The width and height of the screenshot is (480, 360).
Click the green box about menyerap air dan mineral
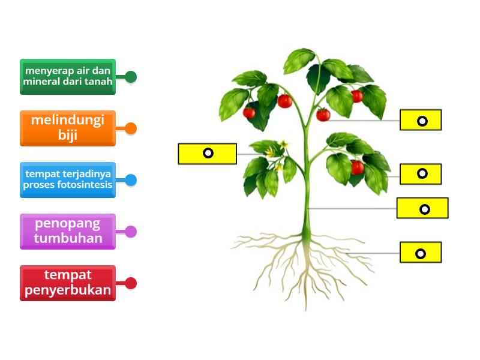click(x=68, y=76)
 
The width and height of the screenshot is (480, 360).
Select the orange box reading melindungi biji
click(x=68, y=128)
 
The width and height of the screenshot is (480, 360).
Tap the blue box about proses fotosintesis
click(x=68, y=179)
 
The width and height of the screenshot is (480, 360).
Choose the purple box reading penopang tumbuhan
click(x=68, y=231)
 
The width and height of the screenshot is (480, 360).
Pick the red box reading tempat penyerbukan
click(x=68, y=283)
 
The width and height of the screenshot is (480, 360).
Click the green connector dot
click(x=131, y=77)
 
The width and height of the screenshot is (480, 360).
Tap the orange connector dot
click(x=131, y=128)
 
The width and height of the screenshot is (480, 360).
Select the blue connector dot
click(x=131, y=180)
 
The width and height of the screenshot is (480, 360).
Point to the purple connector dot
click(x=131, y=232)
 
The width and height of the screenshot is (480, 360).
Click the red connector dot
click(x=131, y=283)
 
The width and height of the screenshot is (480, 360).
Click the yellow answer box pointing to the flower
click(x=208, y=154)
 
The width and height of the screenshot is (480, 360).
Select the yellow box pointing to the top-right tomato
click(x=421, y=120)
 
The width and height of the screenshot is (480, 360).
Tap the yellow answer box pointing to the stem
click(x=422, y=208)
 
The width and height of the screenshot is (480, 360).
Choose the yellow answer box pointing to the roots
click(x=421, y=253)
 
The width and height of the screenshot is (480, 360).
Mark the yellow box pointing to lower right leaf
click(x=421, y=174)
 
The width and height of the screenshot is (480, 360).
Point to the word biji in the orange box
click(x=68, y=135)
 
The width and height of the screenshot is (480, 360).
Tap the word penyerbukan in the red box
click(x=68, y=290)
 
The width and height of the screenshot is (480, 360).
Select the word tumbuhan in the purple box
click(x=68, y=239)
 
